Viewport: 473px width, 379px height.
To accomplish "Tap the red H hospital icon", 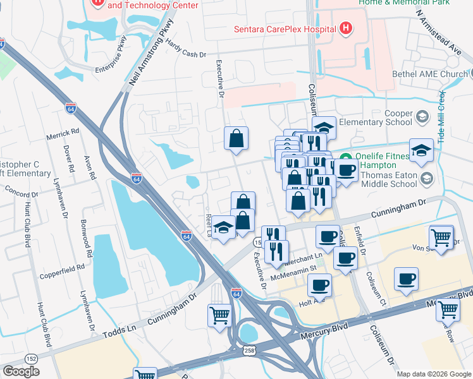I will [345, 28].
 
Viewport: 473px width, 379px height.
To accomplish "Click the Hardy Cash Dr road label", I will [186, 48].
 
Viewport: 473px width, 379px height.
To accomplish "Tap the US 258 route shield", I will [243, 350].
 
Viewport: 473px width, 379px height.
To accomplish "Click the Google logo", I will [21, 371].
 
